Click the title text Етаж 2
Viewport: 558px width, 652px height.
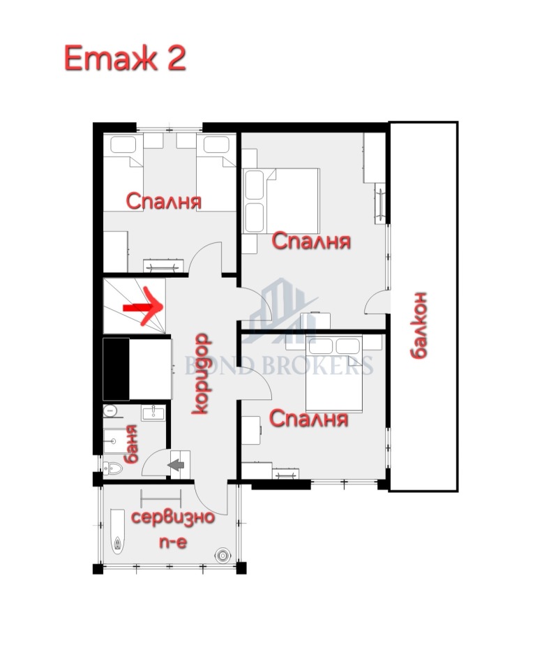click(x=125, y=58)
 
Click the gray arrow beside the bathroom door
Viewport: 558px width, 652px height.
click(x=176, y=461)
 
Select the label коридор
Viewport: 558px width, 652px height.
click(x=200, y=373)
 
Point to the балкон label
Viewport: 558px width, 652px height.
click(x=417, y=325)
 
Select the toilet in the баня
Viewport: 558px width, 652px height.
click(x=111, y=468)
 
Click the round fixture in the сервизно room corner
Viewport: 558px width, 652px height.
click(x=223, y=556)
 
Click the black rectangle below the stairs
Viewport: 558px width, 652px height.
click(x=116, y=368)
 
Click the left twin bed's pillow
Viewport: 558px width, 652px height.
click(x=124, y=146)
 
